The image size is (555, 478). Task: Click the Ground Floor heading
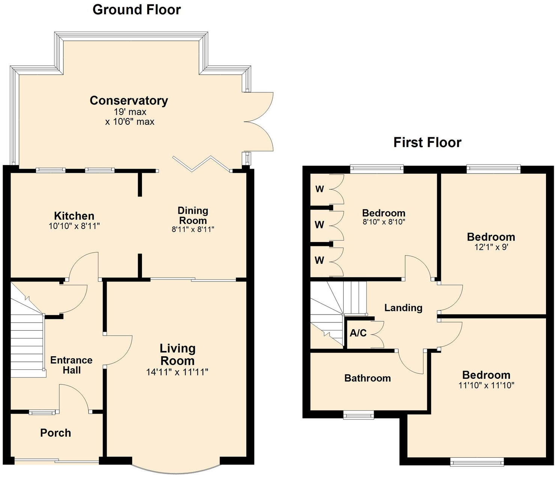tap(136, 10)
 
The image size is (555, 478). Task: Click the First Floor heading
tap(427, 142)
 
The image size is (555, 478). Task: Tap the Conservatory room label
tap(129, 100)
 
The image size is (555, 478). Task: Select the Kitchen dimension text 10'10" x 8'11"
tap(74, 226)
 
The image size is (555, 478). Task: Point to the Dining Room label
tap(193, 215)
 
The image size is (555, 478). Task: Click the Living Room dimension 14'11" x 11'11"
tap(177, 372)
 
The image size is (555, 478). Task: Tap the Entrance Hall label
tap(71, 365)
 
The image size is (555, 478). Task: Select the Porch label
tap(56, 433)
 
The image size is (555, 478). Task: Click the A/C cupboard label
tap(358, 333)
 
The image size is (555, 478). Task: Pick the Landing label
tap(403, 308)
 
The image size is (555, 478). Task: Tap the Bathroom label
tap(367, 378)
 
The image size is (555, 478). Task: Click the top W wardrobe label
tap(320, 189)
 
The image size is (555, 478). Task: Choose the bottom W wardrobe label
tap(319, 260)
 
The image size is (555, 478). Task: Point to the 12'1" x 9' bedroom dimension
tap(491, 247)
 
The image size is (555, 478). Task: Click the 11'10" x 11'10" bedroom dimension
tap(486, 385)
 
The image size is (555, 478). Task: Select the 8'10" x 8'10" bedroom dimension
tap(383, 222)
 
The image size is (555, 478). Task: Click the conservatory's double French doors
tap(259, 121)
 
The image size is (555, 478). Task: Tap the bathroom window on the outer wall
tap(359, 415)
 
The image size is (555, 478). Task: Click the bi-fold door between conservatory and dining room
tap(202, 164)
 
